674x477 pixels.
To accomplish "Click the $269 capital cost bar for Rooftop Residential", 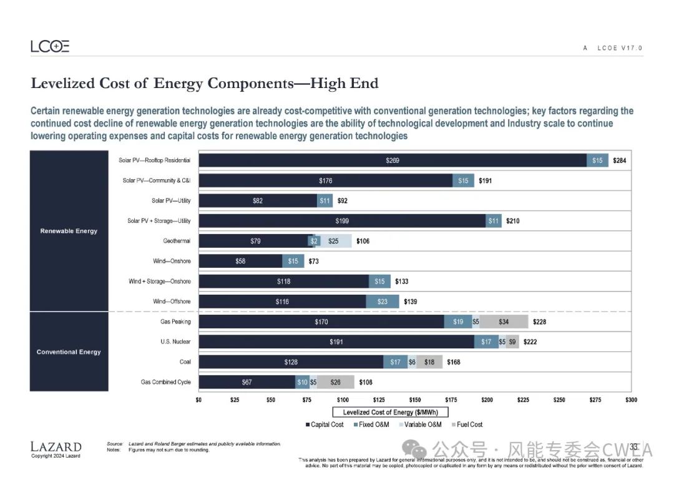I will point(393,160).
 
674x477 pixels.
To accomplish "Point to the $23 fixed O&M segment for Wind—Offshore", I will point(383,302).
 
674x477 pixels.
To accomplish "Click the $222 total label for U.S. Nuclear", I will point(530,342).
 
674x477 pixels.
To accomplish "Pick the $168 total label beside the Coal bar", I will point(453,362).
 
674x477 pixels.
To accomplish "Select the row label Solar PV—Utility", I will point(171,201).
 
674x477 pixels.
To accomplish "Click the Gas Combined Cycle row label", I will point(165,382).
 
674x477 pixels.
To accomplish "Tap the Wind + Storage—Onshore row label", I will point(159,282).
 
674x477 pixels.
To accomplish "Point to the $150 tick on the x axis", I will point(415,399).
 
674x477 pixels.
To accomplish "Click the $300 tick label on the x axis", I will point(631,399).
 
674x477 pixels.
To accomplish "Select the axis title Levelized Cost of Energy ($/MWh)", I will point(395,412).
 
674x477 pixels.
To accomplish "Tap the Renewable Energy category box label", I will point(69,231).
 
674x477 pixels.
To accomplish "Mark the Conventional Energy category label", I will point(69,352).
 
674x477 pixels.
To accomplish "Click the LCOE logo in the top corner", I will point(50,47).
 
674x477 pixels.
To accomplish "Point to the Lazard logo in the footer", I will point(56,447).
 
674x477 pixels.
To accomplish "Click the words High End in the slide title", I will point(344,84).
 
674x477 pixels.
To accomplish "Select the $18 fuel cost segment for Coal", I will point(429,362).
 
